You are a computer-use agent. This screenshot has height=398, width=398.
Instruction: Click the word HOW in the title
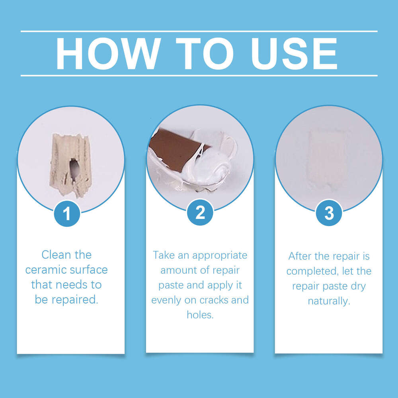(108, 54)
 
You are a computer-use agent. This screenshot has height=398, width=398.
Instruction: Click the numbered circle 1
(67, 213)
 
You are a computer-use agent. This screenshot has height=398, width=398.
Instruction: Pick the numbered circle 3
(329, 213)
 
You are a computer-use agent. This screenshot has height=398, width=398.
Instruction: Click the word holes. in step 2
(200, 315)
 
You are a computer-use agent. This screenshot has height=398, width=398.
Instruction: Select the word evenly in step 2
(166, 300)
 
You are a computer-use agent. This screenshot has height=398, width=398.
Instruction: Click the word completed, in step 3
(310, 271)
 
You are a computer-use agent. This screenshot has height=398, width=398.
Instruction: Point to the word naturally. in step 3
(329, 301)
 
